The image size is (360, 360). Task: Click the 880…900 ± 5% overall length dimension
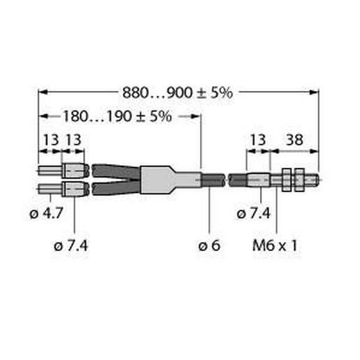[x=178, y=93]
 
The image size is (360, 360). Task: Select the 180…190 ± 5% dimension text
[x=117, y=116]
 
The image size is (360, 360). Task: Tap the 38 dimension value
[x=294, y=140]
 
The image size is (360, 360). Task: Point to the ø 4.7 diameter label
[x=46, y=213]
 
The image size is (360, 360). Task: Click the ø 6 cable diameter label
[x=209, y=245]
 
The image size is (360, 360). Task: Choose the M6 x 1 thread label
[x=275, y=245]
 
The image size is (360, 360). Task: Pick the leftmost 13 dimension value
[x=51, y=140]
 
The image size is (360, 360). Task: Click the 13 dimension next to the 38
[x=258, y=140]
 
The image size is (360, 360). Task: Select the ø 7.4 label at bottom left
[x=71, y=245]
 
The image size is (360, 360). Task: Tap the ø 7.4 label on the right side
[x=254, y=213]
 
